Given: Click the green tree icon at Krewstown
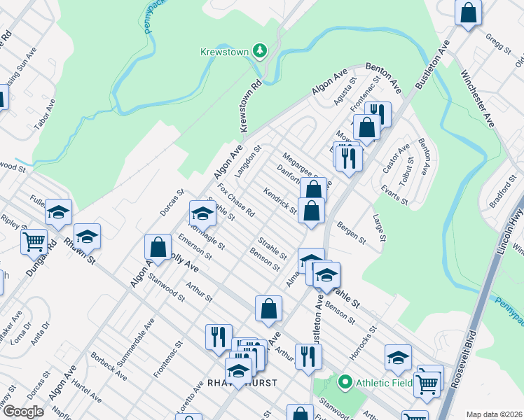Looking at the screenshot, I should click(x=260, y=50).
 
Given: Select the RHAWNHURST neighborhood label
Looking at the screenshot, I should click(x=242, y=383).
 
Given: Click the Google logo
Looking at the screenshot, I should click(x=23, y=412).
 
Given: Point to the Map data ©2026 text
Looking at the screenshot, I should click(x=494, y=414).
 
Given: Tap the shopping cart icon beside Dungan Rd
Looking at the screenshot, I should click(x=34, y=242).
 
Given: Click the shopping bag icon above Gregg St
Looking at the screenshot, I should click(x=468, y=12).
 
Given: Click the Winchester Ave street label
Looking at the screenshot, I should click(x=477, y=98).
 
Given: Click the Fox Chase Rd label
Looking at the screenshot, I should click(x=236, y=199).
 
